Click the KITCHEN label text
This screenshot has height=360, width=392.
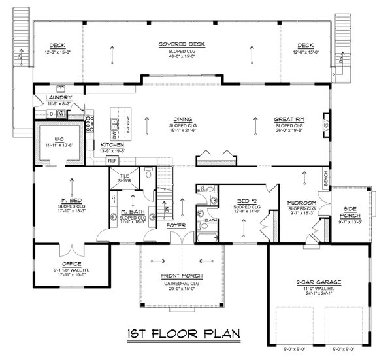(112, 146)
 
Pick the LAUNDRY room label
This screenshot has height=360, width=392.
(58, 99)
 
